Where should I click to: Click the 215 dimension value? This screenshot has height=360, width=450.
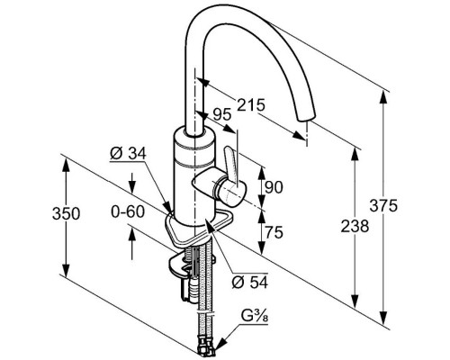(x=251, y=105)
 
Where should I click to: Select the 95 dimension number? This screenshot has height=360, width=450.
(x=222, y=114)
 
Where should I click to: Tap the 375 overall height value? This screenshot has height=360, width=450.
(x=383, y=206)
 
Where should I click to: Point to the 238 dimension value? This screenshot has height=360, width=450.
(x=355, y=226)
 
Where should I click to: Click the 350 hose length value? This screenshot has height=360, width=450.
(x=67, y=213)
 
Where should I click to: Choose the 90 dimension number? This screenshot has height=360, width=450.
(x=274, y=188)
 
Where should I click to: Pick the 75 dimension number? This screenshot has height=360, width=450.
(x=274, y=232)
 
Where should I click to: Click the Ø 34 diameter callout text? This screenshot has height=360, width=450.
(x=128, y=154)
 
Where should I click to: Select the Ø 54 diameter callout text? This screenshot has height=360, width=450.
(x=250, y=282)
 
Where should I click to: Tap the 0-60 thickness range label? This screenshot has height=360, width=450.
(x=128, y=211)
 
